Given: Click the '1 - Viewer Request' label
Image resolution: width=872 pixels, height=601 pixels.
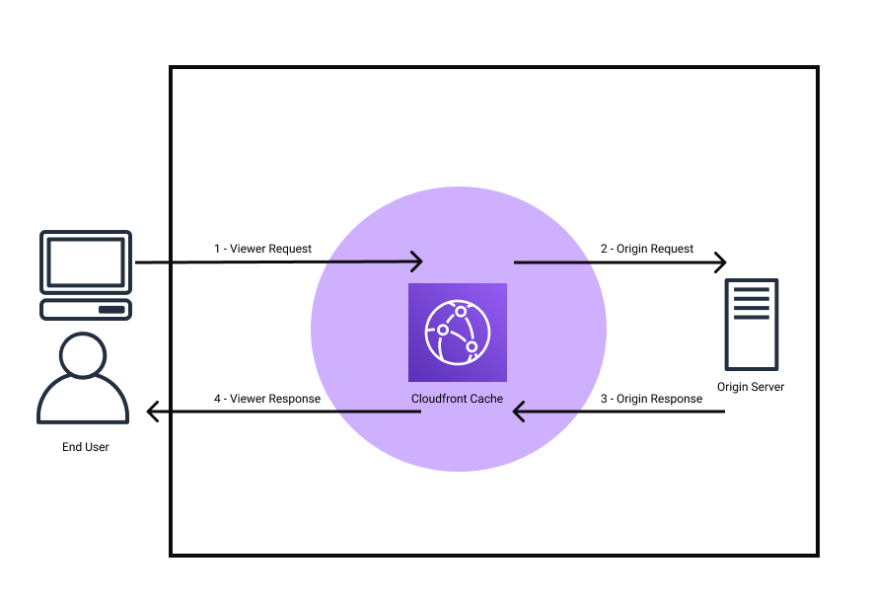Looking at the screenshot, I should [262, 249].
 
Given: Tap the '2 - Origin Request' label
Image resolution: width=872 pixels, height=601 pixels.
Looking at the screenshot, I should [647, 249].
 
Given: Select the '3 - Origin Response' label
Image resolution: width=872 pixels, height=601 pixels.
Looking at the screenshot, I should [651, 399].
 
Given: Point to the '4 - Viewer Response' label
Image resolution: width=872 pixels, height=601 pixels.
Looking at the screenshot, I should [266, 399].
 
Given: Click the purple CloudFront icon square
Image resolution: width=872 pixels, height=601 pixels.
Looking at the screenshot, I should [458, 332].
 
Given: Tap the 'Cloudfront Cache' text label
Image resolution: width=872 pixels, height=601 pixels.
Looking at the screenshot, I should [457, 399].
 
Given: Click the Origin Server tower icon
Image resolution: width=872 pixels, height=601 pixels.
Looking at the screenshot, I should [751, 324].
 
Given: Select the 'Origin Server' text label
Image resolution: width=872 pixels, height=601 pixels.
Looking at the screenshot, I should [751, 387].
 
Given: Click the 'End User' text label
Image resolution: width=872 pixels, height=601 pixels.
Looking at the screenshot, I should [86, 447].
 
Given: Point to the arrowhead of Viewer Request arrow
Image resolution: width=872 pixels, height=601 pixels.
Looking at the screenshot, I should [417, 262].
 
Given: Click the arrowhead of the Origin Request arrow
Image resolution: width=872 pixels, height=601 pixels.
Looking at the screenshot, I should [721, 263].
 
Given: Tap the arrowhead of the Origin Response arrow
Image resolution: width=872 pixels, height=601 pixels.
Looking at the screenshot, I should [518, 412].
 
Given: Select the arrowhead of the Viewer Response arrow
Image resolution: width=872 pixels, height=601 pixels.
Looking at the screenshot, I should [152, 412].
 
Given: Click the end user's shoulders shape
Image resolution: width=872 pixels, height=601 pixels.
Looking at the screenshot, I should [83, 403].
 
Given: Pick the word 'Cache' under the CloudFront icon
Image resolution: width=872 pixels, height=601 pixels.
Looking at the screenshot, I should [484, 399].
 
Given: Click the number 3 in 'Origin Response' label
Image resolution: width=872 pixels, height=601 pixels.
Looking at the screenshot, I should [605, 399].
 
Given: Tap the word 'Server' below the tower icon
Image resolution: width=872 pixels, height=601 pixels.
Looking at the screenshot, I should [767, 387].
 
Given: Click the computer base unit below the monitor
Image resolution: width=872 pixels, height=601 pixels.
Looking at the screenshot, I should [85, 309].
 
